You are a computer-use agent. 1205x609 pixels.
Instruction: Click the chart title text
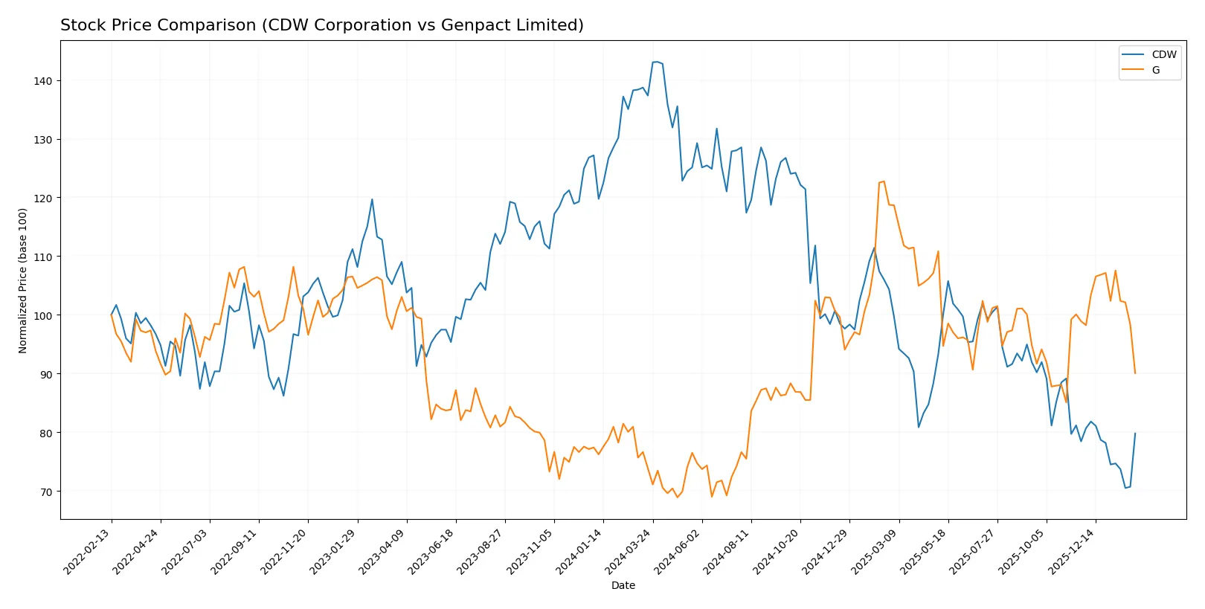[321, 25]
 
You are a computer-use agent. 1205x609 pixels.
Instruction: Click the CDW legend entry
[1163, 55]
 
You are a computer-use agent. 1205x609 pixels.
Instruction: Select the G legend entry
[1155, 71]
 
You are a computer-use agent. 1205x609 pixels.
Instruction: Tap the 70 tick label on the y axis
[45, 492]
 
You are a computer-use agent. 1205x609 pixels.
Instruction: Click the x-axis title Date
[623, 586]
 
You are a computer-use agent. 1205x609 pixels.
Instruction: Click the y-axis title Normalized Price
[23, 280]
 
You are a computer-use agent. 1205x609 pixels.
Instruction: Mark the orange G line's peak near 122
[884, 181]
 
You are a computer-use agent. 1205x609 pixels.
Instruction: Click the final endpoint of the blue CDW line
[1135, 434]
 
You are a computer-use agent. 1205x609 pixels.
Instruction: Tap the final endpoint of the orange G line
[1135, 373]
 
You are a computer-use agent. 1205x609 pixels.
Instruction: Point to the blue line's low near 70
[1125, 488]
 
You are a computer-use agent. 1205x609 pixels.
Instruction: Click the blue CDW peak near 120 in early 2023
[372, 199]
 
